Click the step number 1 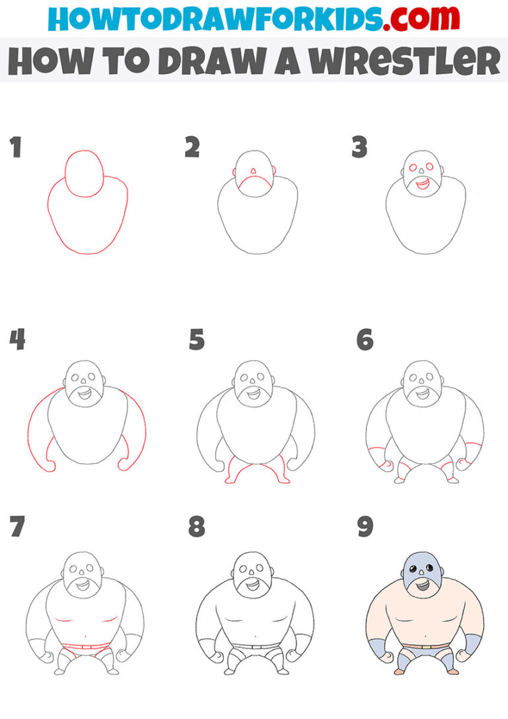tap(15, 148)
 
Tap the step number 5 tap(196, 340)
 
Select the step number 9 tap(364, 527)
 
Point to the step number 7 tap(17, 527)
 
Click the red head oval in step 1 tap(84, 173)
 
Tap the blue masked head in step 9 tap(419, 570)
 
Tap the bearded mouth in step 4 tap(84, 395)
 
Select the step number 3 tap(359, 148)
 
